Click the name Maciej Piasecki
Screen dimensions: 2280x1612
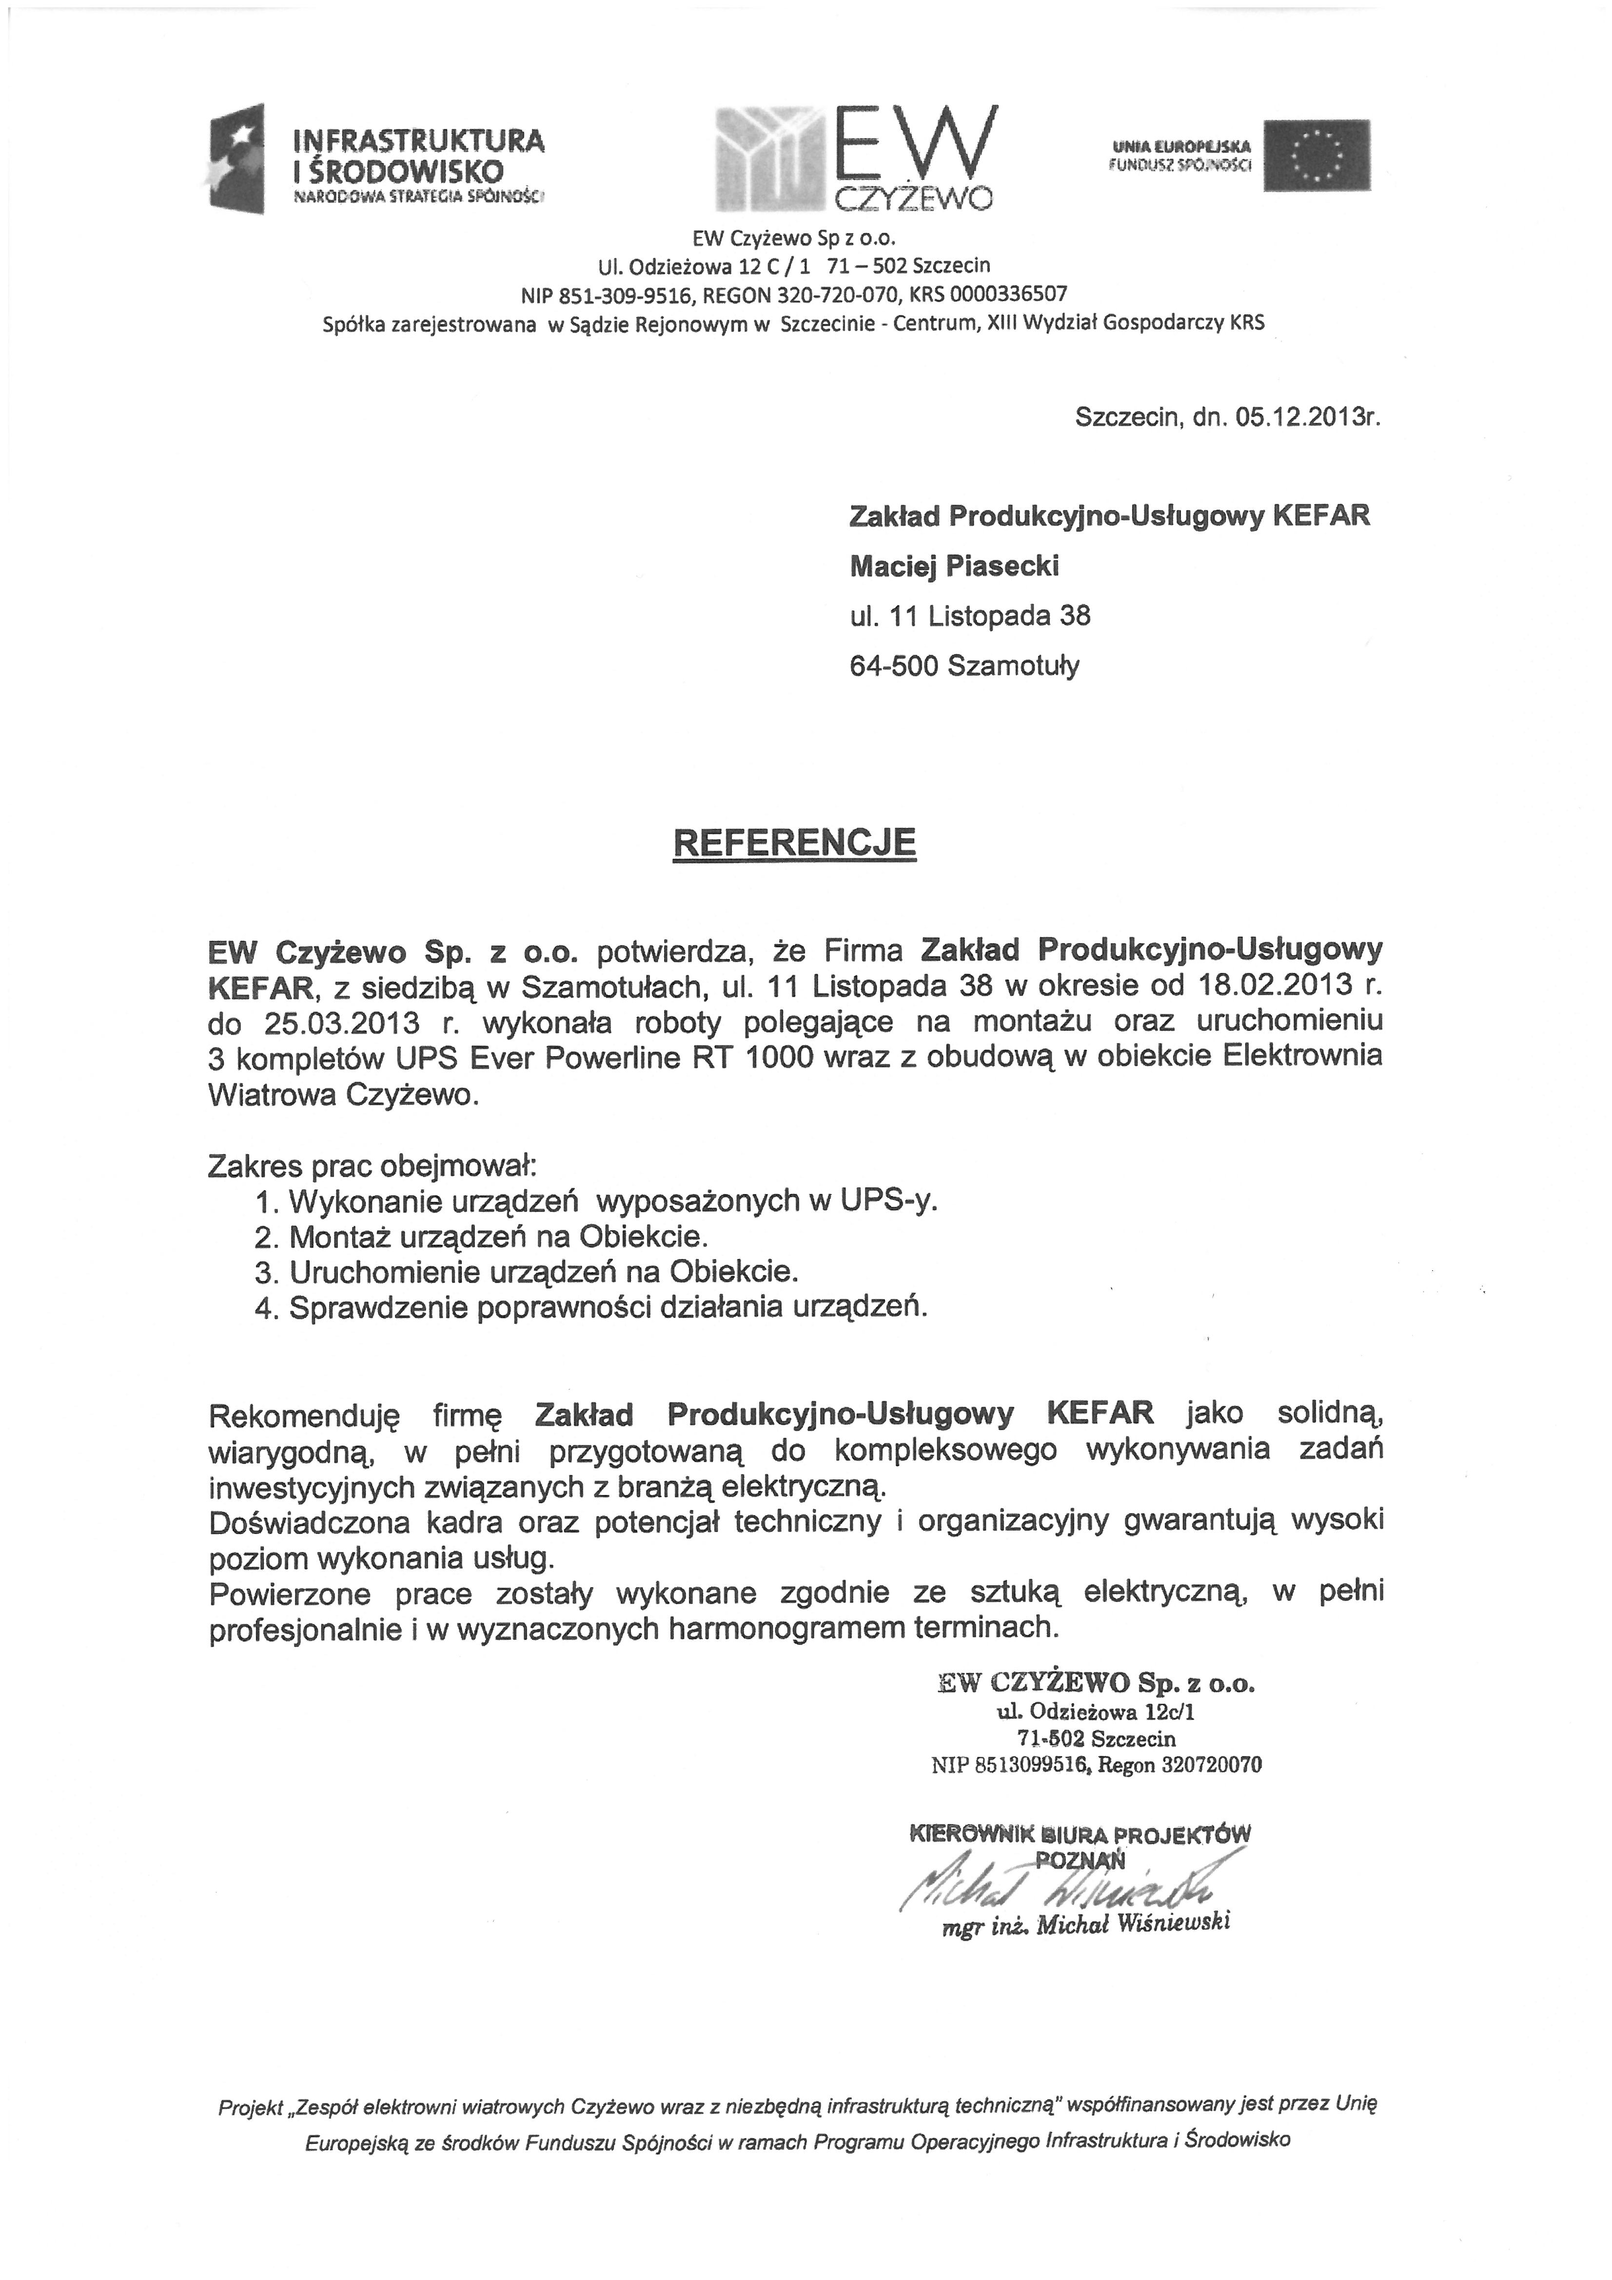(x=953, y=566)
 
